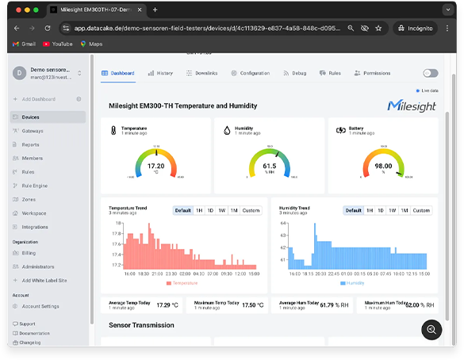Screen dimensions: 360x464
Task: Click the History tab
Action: tap(160, 73)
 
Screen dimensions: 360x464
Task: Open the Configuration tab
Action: tap(251, 73)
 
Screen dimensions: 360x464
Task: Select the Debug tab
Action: tap(295, 73)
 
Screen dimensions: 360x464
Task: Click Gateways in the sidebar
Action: tap(33, 131)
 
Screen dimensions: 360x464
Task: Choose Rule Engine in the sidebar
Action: tap(35, 186)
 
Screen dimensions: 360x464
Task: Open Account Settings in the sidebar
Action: tap(40, 306)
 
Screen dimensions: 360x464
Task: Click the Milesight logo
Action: tap(411, 105)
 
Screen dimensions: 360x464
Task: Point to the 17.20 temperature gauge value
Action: tap(156, 166)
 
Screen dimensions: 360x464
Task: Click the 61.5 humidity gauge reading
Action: tap(270, 166)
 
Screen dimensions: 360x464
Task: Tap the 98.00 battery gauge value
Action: tap(383, 166)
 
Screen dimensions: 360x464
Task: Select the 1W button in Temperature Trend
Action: tap(222, 210)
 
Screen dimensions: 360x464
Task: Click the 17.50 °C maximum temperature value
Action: tap(252, 304)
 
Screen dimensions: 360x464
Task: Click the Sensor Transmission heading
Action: tap(142, 325)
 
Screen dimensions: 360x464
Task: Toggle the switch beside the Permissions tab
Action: tap(430, 73)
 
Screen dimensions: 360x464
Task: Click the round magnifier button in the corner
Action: tap(431, 330)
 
